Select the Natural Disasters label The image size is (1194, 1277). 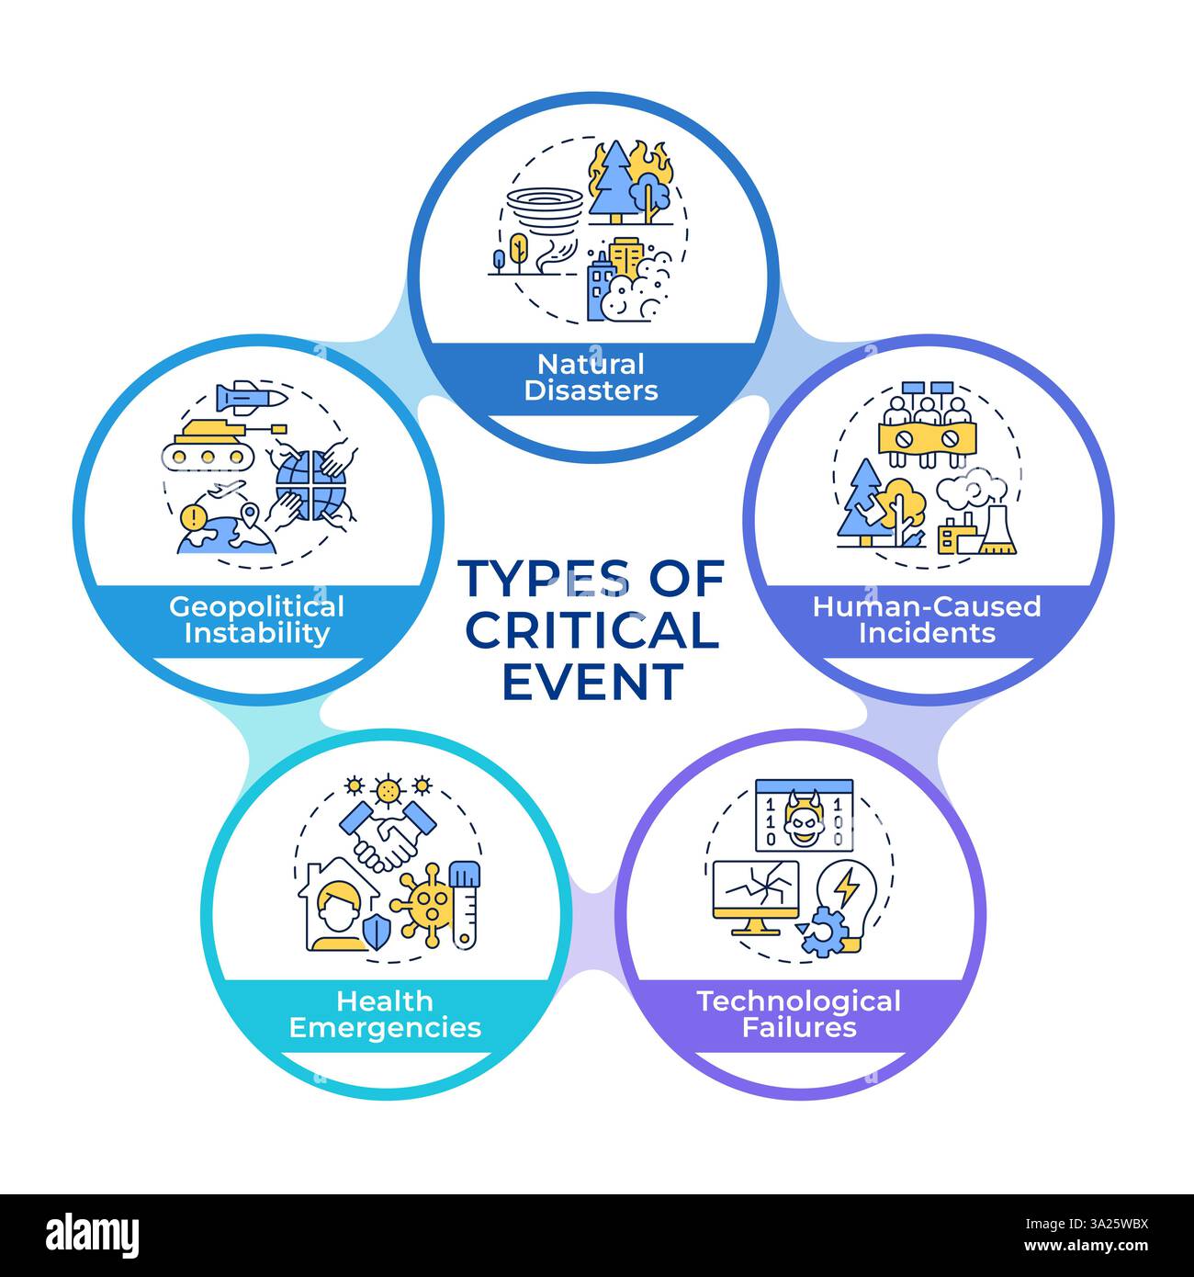591,378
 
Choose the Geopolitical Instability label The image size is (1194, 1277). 257,620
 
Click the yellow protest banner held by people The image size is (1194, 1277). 926,437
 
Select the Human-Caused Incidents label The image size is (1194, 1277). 927,620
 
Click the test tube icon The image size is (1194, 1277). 466,904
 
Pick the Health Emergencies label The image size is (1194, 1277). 385,1014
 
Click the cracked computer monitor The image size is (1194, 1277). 756,895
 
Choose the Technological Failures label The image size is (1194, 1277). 799,1014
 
